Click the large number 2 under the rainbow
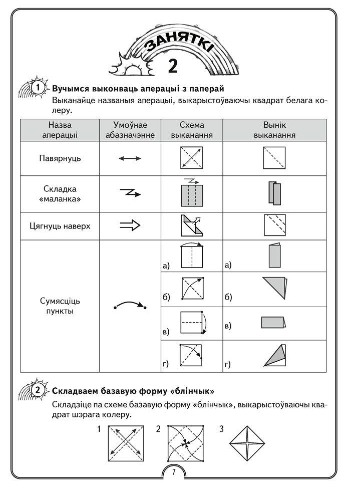[x=173, y=66]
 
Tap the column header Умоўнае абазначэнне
[x=130, y=130]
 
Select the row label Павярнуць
[x=60, y=158]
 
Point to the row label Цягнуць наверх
[x=60, y=226]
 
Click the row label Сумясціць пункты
[x=60, y=306]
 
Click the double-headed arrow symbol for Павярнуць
[x=130, y=158]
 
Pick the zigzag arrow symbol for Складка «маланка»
[x=130, y=192]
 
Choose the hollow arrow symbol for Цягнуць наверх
[x=130, y=226]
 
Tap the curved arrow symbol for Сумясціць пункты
[x=130, y=305]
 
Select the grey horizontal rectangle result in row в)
[x=273, y=322]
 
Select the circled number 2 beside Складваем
[x=38, y=390]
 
